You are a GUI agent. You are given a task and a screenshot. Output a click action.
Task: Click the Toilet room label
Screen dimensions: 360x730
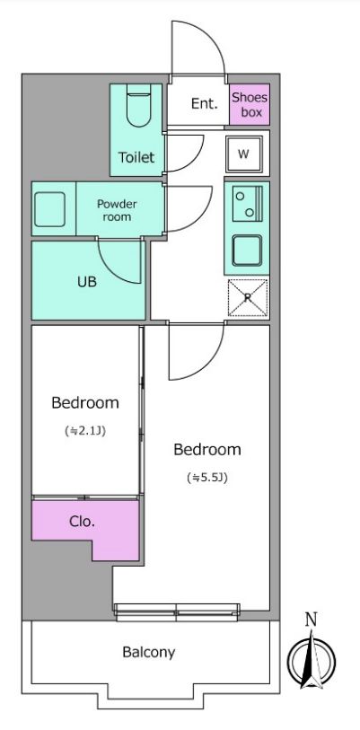coord(136,157)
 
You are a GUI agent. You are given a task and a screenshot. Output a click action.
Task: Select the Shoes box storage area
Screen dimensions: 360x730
coord(250,104)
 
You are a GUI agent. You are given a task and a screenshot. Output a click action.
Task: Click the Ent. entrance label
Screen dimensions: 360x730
coord(205,103)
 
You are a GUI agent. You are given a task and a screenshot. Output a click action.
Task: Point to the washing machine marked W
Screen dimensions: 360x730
coord(243,154)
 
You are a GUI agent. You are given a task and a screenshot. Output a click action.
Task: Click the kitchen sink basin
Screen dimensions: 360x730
coord(247,251)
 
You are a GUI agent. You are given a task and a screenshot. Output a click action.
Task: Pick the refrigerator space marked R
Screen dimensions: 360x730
coord(248,298)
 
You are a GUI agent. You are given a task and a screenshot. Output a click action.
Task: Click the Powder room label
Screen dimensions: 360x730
coord(117,210)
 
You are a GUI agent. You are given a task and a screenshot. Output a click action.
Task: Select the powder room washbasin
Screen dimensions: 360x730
coord(49,209)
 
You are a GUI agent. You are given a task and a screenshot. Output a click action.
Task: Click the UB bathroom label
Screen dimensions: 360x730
coord(87,281)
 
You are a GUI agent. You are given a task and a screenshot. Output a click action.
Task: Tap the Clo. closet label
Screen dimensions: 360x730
coord(82,522)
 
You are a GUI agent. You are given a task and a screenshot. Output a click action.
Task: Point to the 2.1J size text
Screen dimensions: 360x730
coord(85,431)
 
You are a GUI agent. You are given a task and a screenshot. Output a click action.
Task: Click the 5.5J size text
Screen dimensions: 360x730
coord(206,478)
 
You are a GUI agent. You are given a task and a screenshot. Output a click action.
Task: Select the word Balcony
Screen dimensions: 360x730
coord(148,653)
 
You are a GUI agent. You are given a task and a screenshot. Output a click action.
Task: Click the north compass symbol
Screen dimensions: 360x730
coord(312,660)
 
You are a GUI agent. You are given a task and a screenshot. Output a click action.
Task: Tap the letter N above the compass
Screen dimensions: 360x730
coord(312,620)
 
